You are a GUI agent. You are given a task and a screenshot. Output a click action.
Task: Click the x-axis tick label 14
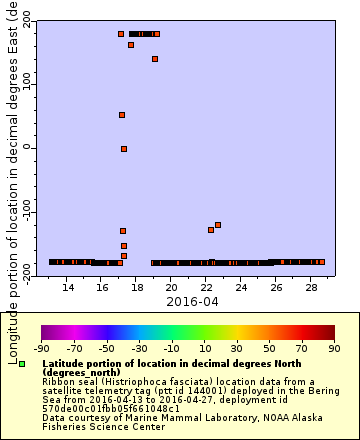(x=68, y=287)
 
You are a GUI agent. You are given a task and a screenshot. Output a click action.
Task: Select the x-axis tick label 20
(x=172, y=287)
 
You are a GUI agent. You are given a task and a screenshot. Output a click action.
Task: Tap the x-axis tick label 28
(x=310, y=287)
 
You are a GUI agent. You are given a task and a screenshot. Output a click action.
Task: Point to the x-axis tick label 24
(x=241, y=287)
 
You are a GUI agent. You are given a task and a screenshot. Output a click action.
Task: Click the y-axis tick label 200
(x=26, y=19)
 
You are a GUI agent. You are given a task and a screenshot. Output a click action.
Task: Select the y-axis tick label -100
(x=26, y=212)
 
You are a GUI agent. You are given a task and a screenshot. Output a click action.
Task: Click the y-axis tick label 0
(x=26, y=148)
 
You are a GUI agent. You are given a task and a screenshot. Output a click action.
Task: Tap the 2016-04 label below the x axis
(x=191, y=301)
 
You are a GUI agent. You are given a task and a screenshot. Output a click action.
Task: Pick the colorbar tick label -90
(x=41, y=349)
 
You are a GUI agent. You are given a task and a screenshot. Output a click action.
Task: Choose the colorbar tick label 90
(x=333, y=349)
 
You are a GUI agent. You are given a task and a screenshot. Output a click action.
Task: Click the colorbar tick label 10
(x=204, y=349)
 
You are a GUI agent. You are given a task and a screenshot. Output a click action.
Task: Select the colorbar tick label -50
(x=106, y=349)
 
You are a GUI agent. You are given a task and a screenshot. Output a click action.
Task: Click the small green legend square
(x=21, y=364)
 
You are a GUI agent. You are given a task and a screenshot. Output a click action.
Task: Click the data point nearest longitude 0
(x=124, y=149)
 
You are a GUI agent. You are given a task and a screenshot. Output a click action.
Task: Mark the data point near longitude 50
(x=122, y=115)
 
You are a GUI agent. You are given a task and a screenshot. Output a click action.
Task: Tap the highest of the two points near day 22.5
(x=218, y=225)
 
